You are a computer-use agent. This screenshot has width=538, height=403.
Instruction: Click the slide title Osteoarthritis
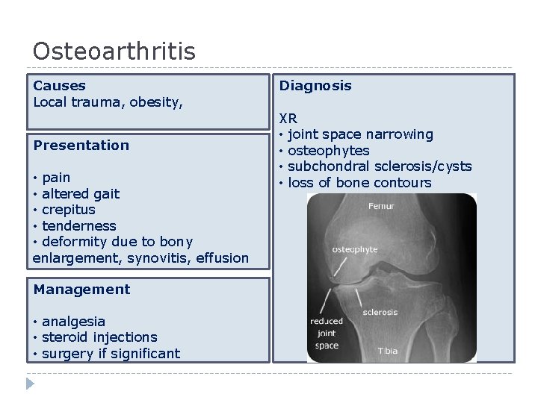[x=114, y=51]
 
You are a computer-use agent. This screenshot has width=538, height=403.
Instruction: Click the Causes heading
[x=60, y=86]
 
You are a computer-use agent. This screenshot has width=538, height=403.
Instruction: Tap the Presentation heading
[x=81, y=145]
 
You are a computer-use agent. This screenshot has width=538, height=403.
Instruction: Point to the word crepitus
[x=69, y=210]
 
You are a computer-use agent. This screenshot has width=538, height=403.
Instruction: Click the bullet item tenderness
[x=79, y=225]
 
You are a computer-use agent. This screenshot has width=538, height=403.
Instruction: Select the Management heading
[x=81, y=290]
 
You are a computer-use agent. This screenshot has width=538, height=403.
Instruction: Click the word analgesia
[x=73, y=322]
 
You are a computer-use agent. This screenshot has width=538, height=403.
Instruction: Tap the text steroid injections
[x=99, y=337]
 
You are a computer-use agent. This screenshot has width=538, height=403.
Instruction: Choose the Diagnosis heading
[x=315, y=86]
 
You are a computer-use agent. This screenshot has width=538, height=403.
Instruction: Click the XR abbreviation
[x=288, y=118]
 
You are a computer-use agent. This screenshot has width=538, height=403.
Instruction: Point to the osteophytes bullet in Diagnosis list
[x=328, y=151]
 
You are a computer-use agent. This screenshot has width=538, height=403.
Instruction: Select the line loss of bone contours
[x=359, y=183]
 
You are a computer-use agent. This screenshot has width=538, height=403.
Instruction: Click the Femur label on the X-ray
[x=381, y=207]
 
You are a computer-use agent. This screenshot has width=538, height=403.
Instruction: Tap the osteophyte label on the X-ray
[x=354, y=249]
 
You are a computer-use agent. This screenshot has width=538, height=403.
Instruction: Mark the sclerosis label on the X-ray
[x=380, y=312]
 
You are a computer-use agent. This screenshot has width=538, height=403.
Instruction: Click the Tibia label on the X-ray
[x=388, y=351]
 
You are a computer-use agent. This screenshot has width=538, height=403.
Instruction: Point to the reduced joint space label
[x=327, y=334]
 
